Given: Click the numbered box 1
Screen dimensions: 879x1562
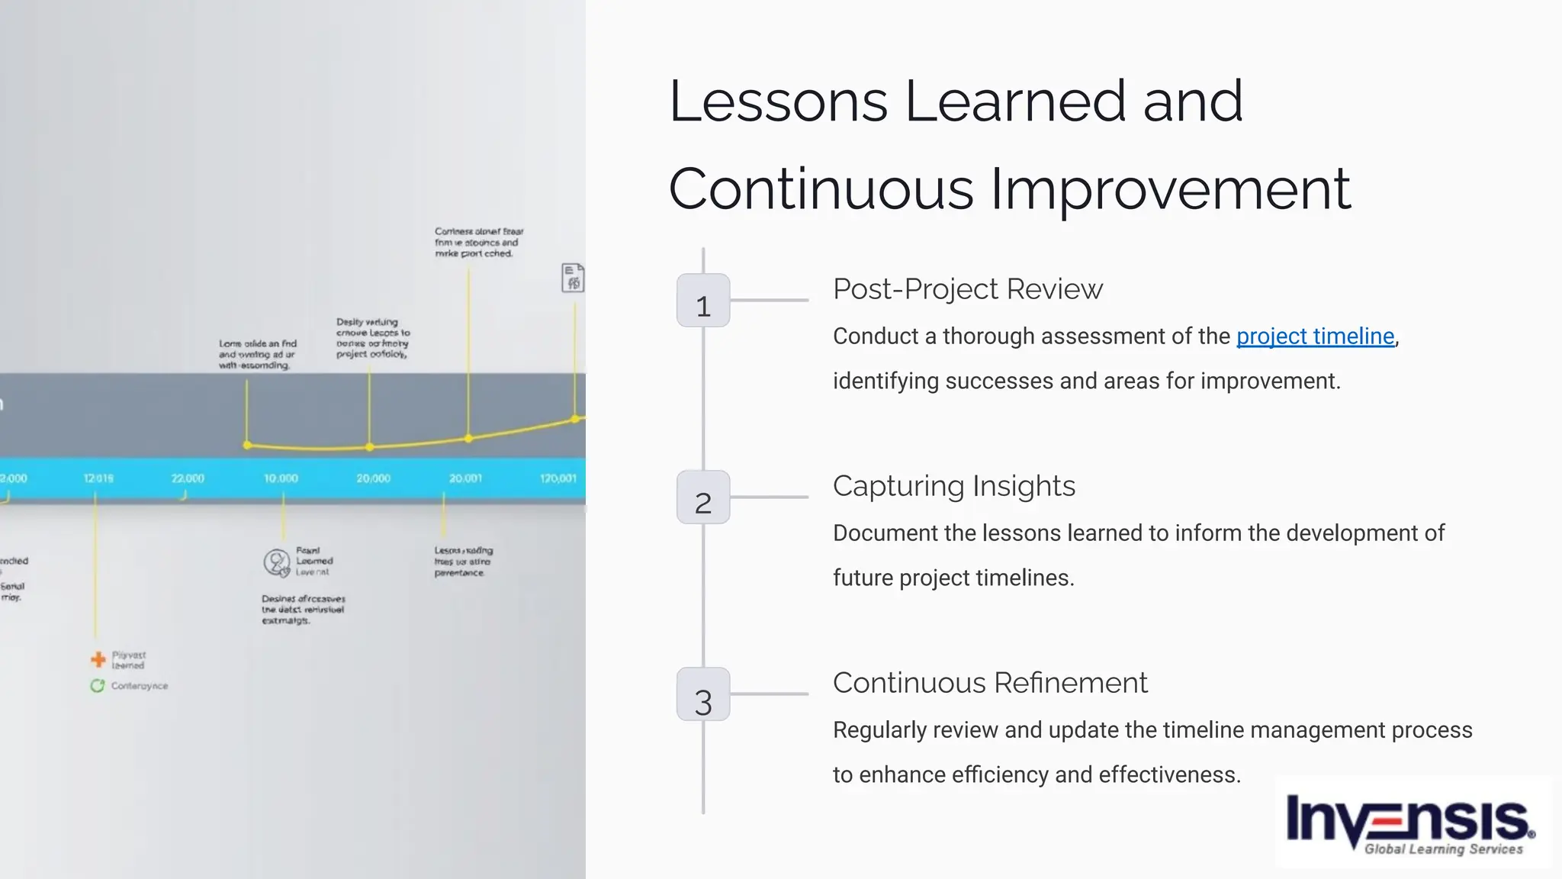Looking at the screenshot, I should pos(703,301).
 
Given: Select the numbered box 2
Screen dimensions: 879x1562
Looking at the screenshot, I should pos(703,497).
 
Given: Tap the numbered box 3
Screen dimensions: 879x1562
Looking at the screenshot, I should pos(703,694).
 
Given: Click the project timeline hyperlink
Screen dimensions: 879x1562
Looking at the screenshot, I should pos(1315,336).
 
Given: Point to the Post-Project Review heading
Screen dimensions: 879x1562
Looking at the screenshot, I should pos(967,289).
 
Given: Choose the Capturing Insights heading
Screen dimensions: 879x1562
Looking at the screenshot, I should pos(953,486).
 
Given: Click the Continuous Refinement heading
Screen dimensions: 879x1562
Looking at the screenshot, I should pos(989,683).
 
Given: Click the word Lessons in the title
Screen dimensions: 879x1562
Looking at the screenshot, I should pos(779,101).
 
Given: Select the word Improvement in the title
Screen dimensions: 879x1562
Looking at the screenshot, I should pos(1170,189).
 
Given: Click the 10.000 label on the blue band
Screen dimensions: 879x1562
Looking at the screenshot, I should pos(281,478).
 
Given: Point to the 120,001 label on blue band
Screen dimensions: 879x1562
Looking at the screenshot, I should pos(558,478).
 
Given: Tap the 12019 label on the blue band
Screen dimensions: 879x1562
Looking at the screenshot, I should pos(98,478).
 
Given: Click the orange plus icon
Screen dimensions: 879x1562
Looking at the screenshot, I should pos(98,659).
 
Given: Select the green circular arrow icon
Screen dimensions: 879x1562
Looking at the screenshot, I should pos(97,686).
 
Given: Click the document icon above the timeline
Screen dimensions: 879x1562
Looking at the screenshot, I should pos(573,278).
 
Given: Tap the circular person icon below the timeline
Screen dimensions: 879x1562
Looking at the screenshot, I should pos(276,563).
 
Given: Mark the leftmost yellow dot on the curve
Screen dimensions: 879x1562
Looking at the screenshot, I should pos(247,445).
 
